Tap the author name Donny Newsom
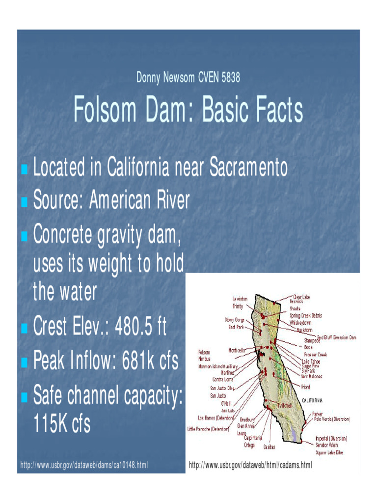tap(165, 77)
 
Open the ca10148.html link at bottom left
tap(84, 464)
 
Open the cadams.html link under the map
tap(250, 464)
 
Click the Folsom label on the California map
tap(204, 352)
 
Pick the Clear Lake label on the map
tap(301, 297)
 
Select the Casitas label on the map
tap(269, 447)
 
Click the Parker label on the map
tap(318, 414)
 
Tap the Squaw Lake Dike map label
tap(329, 451)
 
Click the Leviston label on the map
tap(240, 299)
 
